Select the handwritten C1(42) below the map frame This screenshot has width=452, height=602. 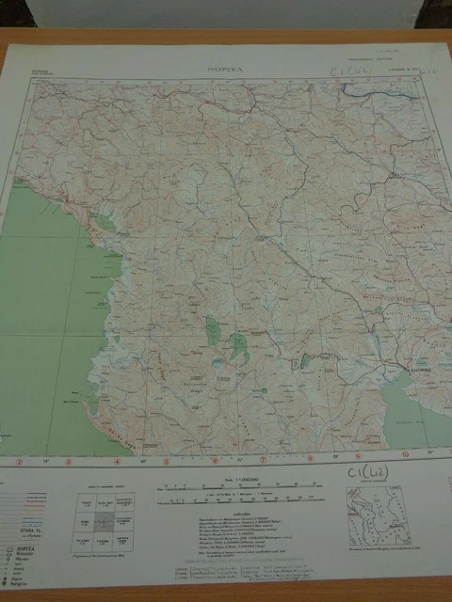click(x=368, y=471)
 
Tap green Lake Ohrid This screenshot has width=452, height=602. click(x=213, y=331)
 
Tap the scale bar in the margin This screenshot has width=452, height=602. click(x=226, y=489)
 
